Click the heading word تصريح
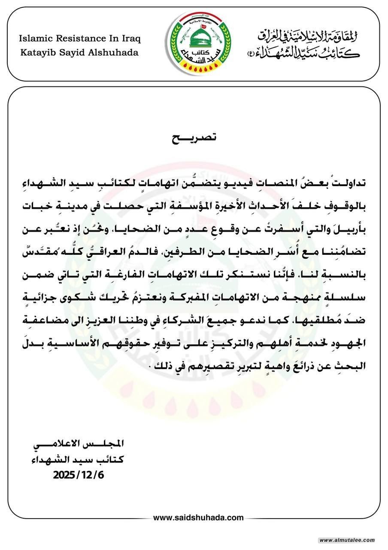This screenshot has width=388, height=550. tap(194, 138)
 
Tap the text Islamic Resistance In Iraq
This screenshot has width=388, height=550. tap(80, 39)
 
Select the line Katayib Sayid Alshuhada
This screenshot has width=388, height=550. tap(79, 52)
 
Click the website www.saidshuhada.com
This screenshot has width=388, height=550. tap(198, 518)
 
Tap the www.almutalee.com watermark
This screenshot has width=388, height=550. tap(347, 540)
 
